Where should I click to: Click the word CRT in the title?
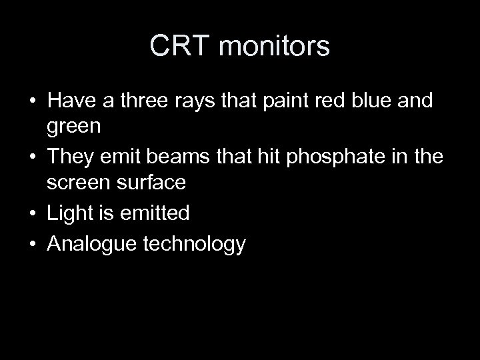pos(178,46)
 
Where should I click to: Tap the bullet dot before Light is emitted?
pos(32,214)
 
